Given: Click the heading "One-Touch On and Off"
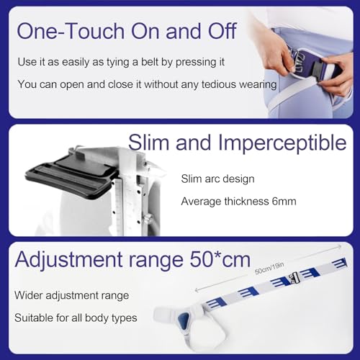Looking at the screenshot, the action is coord(127,31).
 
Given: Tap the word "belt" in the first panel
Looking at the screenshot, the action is coord(150,62).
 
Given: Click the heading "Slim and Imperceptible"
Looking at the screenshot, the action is coord(238,143).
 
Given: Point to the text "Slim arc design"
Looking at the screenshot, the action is coord(217,179).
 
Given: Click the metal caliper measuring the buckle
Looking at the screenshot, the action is coord(135,189).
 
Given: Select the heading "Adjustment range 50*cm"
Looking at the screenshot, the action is coord(132,259).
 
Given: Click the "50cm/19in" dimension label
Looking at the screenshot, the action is coord(269,268).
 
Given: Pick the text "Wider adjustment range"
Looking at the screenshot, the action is coord(71,295).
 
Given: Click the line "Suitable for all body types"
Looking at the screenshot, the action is coord(76,318).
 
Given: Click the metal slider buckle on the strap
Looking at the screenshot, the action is coord(294,278).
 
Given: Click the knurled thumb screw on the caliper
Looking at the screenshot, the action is coord(148,219).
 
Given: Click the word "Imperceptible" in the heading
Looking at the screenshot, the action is coord(282,143).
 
